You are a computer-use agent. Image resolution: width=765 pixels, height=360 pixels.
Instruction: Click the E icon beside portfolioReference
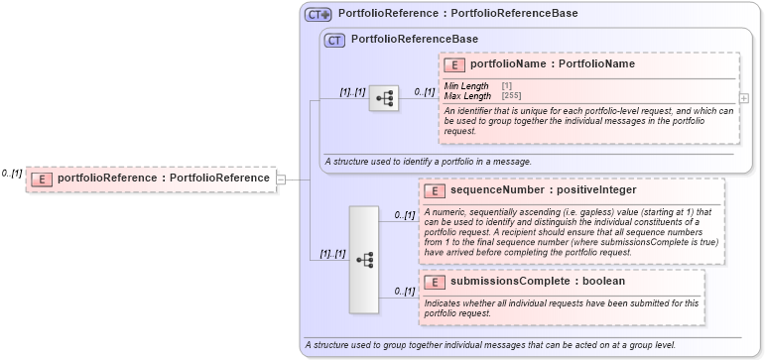[x=43, y=179]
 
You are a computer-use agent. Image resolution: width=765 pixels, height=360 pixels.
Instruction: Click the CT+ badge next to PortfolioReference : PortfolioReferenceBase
[x=319, y=14]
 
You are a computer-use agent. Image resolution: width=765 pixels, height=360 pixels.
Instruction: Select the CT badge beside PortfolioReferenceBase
[x=334, y=40]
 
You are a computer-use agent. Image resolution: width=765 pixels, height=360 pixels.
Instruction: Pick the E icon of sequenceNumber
[x=435, y=189]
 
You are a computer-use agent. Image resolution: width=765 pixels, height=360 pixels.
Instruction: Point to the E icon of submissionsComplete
[x=435, y=281]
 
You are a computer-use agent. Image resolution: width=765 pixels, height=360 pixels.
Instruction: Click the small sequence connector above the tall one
[x=383, y=97]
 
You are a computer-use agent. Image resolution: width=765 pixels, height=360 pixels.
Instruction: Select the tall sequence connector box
[x=364, y=260]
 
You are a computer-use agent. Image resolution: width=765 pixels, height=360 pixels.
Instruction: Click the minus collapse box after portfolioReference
[x=281, y=180]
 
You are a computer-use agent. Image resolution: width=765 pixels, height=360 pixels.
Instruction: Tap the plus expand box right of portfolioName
[x=744, y=98]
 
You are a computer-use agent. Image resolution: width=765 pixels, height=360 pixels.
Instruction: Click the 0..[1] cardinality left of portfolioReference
[x=12, y=173]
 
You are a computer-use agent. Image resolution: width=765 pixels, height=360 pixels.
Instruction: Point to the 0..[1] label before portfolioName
[x=424, y=92]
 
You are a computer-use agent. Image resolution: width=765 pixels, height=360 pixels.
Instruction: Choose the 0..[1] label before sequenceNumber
[x=404, y=214]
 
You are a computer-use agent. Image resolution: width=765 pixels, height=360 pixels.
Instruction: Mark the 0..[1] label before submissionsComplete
[x=404, y=292]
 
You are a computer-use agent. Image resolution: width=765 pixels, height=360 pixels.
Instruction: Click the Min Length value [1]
[x=507, y=86]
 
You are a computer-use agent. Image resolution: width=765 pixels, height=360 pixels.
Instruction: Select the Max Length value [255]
[x=511, y=96]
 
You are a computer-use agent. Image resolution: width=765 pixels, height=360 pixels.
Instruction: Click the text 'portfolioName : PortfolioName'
[x=552, y=64]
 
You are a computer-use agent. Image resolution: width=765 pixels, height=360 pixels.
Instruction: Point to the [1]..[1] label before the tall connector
[x=332, y=254]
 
